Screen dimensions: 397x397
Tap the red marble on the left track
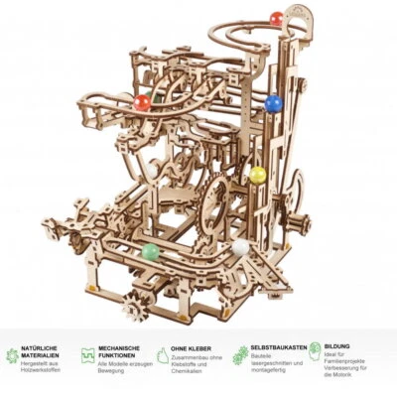142,101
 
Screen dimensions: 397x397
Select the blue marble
271,101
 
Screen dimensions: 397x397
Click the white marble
240,247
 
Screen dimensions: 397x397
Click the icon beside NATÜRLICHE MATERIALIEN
12,354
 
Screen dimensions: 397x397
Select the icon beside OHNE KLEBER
164,354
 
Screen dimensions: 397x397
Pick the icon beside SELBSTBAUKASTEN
239,354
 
